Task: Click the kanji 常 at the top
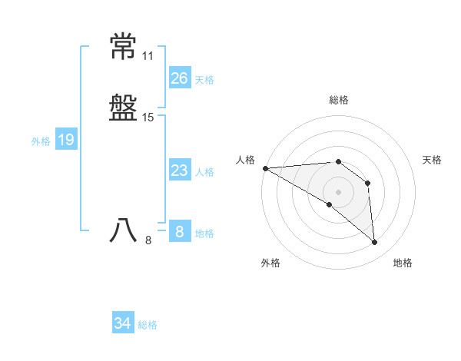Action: (124, 48)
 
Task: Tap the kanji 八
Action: (124, 231)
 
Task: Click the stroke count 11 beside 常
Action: (148, 57)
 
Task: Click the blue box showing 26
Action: (179, 78)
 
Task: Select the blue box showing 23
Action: (179, 171)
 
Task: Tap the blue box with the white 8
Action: (179, 232)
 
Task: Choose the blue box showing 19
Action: (66, 140)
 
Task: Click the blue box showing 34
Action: (122, 323)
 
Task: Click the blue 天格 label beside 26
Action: (204, 80)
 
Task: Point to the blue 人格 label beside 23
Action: (204, 172)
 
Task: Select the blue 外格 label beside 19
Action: (41, 141)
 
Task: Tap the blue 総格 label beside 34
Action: (148, 325)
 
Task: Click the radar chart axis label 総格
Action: (339, 101)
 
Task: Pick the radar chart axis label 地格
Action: (403, 263)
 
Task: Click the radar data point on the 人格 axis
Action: (265, 168)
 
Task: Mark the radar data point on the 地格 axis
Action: (374, 242)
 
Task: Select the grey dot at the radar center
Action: (338, 192)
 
